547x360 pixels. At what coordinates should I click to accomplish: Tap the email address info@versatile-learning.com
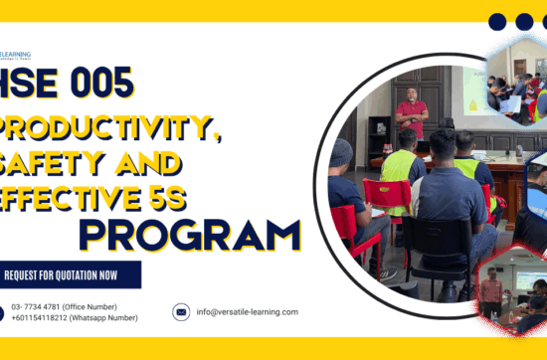click(x=247, y=311)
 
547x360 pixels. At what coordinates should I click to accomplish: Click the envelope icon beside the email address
click(x=181, y=311)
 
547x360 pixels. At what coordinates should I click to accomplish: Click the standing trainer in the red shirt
click(x=411, y=111)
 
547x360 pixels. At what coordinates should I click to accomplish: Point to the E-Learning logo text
click(x=16, y=55)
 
